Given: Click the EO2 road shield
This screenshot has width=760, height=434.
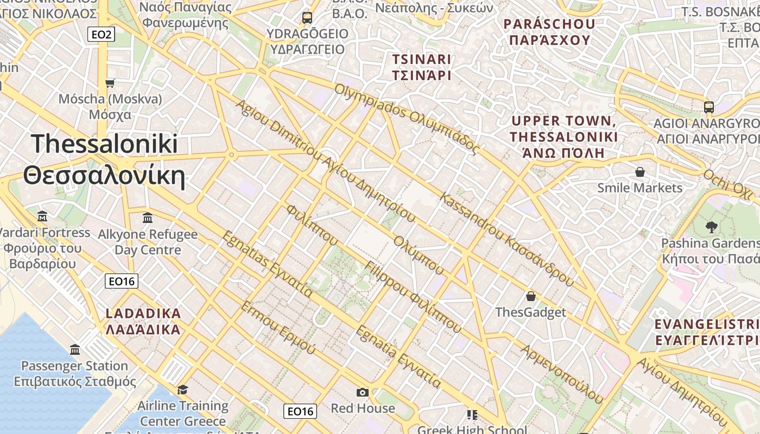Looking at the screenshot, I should (101, 35).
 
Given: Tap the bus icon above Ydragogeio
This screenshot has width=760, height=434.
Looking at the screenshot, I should (307, 17).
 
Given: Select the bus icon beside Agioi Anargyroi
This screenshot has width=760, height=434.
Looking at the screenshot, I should (708, 107).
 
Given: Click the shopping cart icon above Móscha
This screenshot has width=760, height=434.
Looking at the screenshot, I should (110, 83).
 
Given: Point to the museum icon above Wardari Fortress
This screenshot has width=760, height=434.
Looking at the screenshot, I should (42, 216).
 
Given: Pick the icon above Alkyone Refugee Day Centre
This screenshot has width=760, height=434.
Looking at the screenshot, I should (147, 218).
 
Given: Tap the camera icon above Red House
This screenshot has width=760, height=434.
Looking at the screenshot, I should (363, 392).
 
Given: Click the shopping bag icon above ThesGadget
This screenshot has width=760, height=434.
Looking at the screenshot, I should (530, 296).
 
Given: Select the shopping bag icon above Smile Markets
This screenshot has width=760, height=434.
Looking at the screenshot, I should (640, 172).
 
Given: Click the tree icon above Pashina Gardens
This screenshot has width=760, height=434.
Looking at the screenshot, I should (711, 227).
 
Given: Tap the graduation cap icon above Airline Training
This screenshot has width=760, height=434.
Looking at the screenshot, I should (182, 390).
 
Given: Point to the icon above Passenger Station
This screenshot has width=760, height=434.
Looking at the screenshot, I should (75, 349).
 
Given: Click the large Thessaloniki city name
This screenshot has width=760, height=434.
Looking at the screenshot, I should (104, 159).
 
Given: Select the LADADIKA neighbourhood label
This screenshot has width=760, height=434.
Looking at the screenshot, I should (143, 321).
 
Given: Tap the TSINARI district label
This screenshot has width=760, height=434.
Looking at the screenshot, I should (422, 67).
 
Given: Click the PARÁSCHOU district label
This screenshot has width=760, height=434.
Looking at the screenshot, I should (549, 32).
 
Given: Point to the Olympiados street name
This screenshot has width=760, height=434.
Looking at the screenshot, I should (407, 118).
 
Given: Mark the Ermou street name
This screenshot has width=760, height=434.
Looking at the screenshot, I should (277, 328).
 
